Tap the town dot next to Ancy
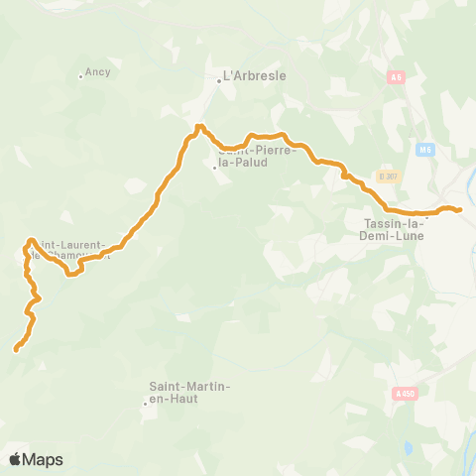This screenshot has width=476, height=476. [81, 75]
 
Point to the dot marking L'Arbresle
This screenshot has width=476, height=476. [219, 81]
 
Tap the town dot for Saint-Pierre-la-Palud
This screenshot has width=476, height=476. [214, 168]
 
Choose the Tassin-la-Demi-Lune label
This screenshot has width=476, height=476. [389, 230]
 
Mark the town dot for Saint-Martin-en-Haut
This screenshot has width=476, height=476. [145, 403]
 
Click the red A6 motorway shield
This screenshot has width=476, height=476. [398, 76]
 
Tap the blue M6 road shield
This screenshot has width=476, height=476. [425, 150]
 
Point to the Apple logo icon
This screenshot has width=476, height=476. [16, 459]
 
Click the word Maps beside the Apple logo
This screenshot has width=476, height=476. [44, 460]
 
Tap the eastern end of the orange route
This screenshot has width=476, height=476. [460, 208]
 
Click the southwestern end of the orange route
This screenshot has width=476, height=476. [16, 349]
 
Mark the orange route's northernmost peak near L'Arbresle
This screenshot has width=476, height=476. [199, 126]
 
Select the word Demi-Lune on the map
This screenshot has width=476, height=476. [389, 237]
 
